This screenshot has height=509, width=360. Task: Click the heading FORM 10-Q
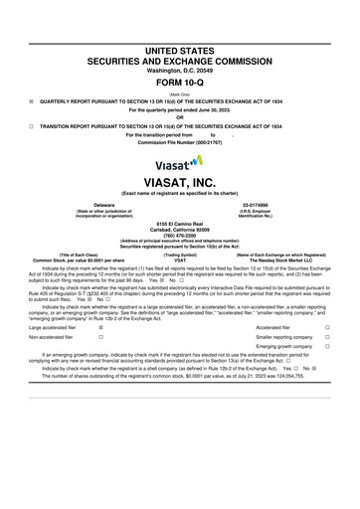(x=180, y=82)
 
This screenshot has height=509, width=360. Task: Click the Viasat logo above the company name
(x=180, y=161)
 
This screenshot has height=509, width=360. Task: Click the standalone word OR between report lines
(x=180, y=118)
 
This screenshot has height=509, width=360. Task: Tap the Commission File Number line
(x=180, y=144)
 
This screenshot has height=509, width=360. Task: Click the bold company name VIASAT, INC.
(x=180, y=183)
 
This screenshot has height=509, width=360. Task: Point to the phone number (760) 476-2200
(x=180, y=236)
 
